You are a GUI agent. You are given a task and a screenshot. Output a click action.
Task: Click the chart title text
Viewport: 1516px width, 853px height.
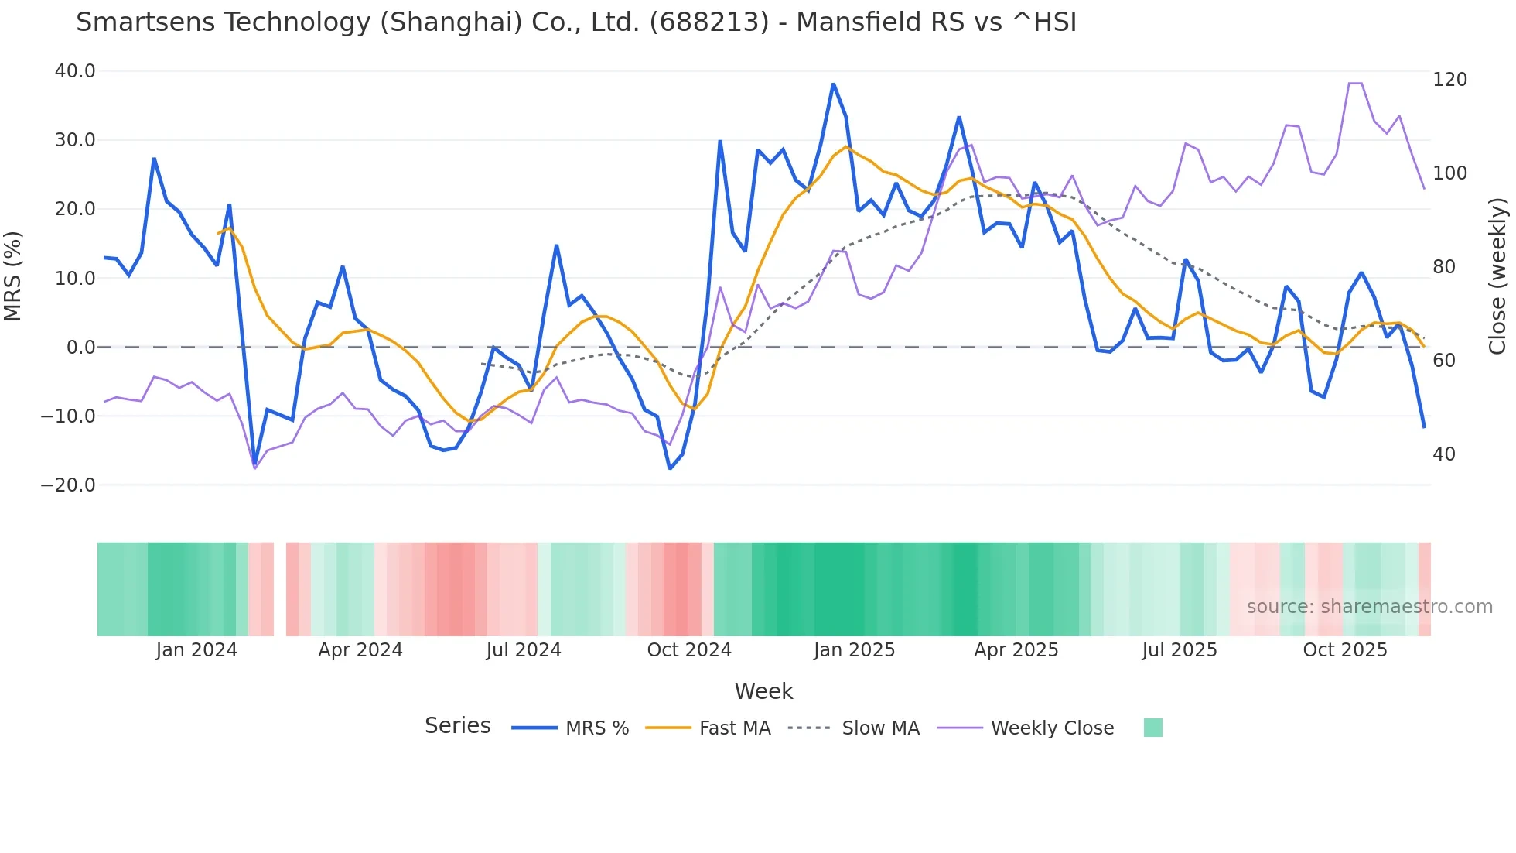[x=576, y=22]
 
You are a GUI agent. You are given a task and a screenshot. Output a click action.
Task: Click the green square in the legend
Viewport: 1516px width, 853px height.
[x=1152, y=728]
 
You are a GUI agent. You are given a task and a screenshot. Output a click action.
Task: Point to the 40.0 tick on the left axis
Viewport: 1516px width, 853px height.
[x=75, y=71]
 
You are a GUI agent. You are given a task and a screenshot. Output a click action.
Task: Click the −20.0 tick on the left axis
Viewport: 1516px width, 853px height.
[x=68, y=485]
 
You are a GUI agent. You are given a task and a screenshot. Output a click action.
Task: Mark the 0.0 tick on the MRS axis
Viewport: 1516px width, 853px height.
[x=80, y=348]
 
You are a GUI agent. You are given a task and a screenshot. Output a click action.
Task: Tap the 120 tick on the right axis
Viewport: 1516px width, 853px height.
[x=1449, y=80]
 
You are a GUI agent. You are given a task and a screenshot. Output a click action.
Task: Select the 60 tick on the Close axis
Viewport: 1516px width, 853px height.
[x=1444, y=361]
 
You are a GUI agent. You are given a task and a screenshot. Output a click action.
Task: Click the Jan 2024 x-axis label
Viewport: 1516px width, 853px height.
[x=196, y=650]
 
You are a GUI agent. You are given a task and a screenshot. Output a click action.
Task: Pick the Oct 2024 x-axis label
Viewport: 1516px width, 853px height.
[x=689, y=650]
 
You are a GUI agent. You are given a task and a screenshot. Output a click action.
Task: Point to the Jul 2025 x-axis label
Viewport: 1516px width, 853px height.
[x=1180, y=650]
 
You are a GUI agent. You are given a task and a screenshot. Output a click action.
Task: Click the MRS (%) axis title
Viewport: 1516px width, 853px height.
[x=13, y=276]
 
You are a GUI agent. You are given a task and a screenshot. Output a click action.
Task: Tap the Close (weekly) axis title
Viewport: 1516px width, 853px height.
[x=1498, y=276]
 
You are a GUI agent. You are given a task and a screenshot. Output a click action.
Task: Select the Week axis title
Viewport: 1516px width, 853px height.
[x=763, y=691]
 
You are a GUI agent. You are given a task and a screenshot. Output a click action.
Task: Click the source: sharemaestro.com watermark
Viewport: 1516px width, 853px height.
[x=1369, y=607]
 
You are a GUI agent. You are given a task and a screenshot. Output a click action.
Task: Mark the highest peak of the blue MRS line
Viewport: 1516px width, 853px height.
[x=833, y=84]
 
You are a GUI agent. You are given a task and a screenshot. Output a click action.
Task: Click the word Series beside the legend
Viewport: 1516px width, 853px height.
[x=457, y=726]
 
